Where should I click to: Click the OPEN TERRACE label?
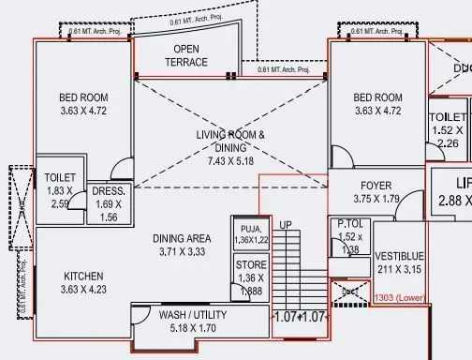(186, 49)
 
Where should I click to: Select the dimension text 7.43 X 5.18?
(230, 161)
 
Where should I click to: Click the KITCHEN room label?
(83, 277)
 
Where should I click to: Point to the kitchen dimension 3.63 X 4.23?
(83, 290)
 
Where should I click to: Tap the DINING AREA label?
(182, 239)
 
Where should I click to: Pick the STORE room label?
(251, 265)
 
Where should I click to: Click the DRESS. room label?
(110, 191)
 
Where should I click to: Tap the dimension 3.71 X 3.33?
(182, 252)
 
